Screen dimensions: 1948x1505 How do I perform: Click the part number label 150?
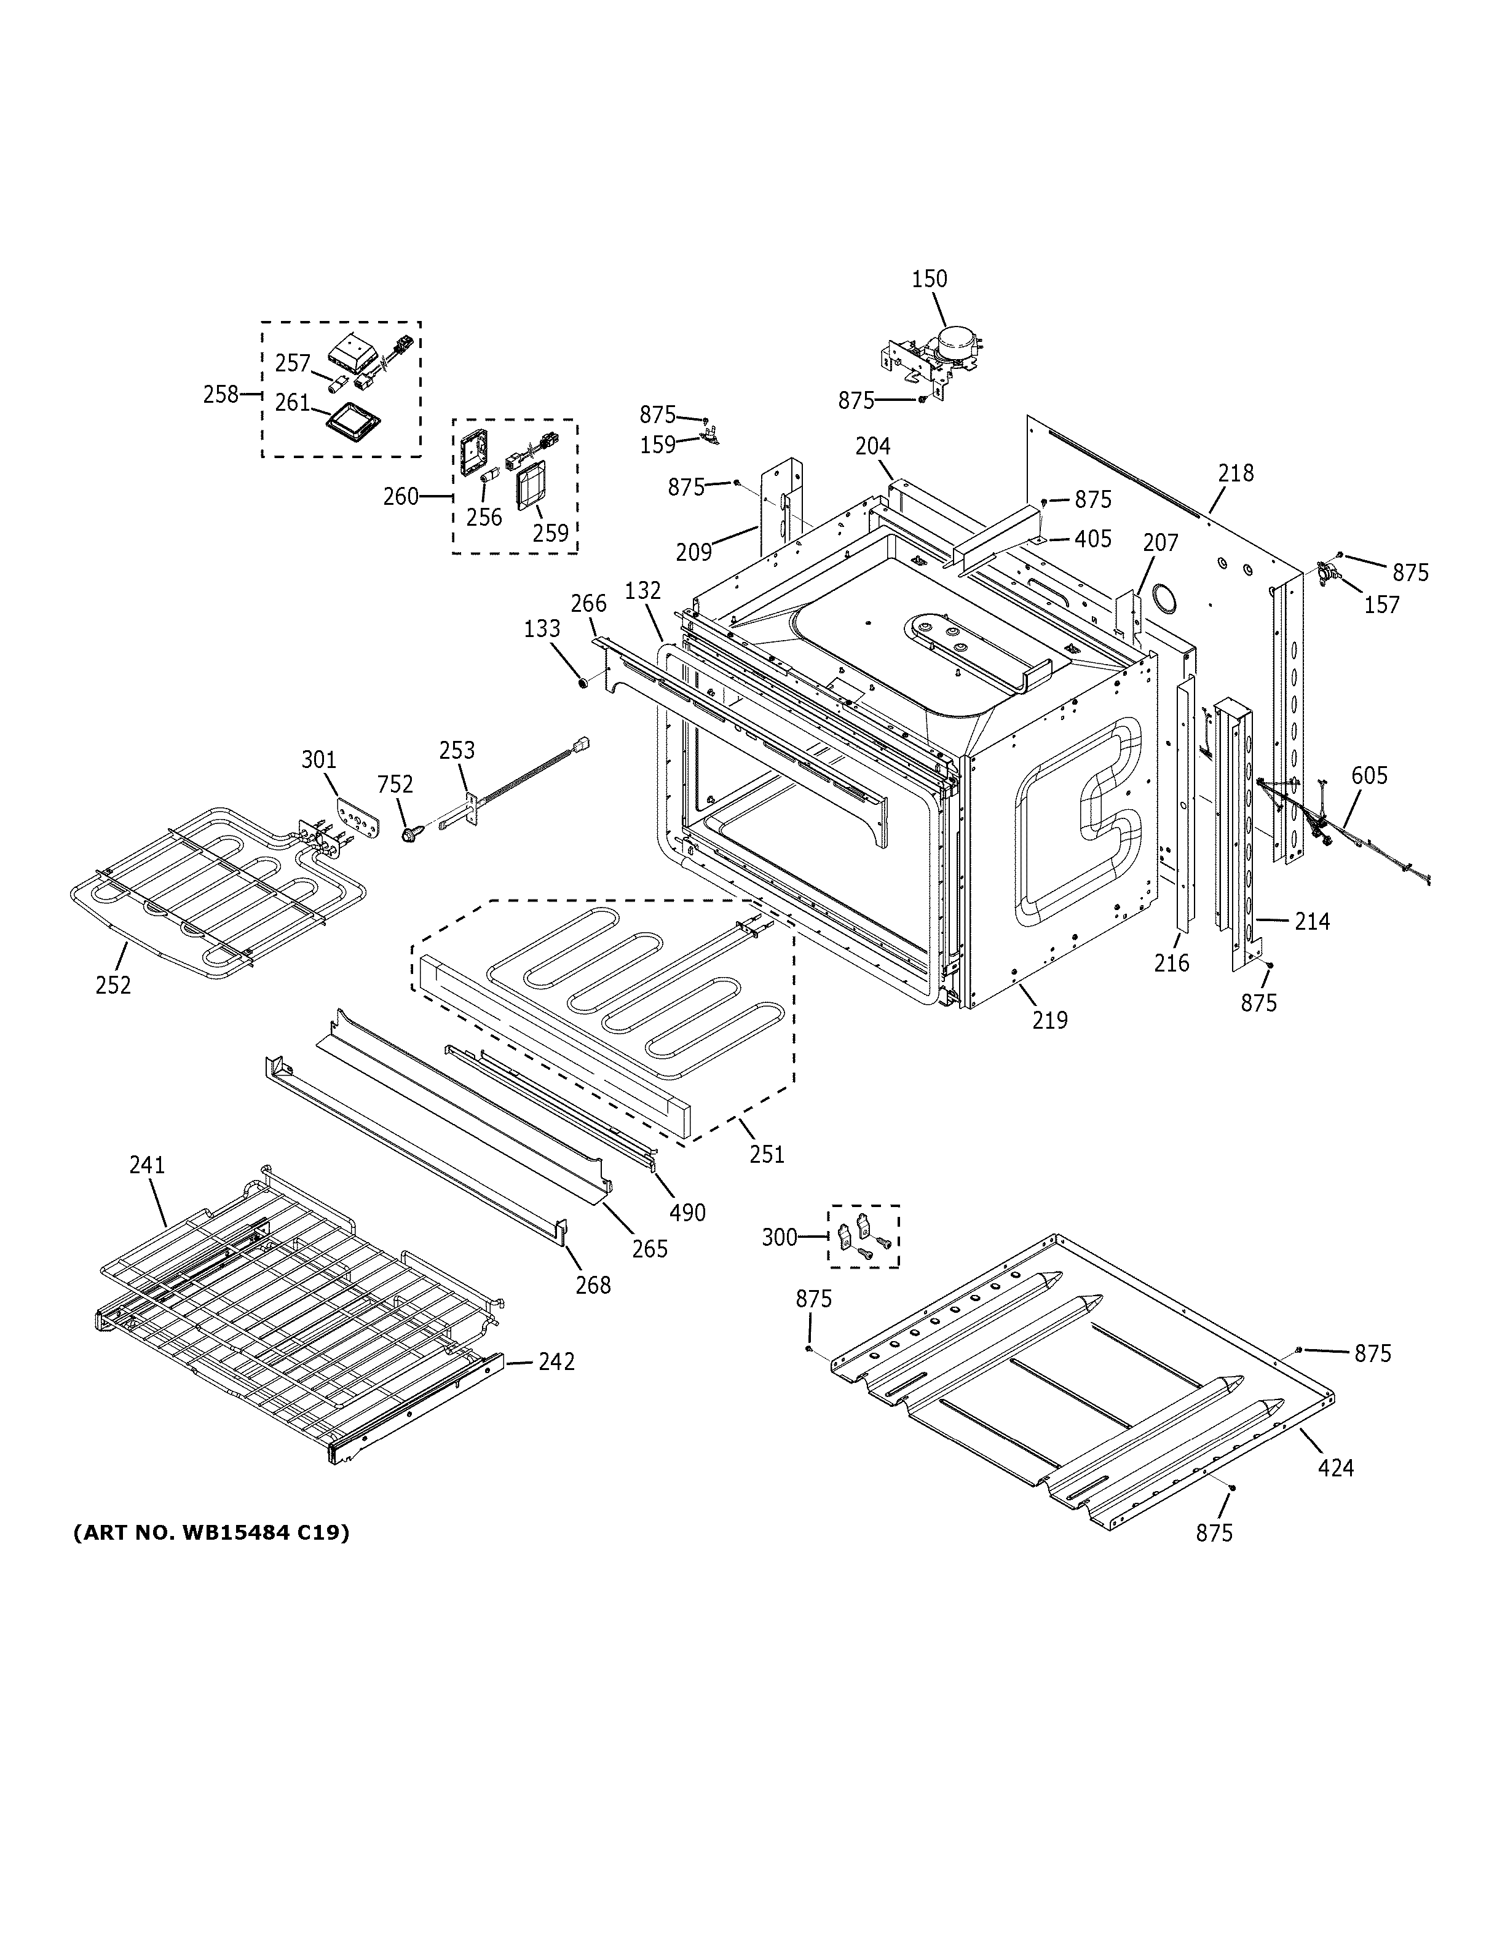pos(929,279)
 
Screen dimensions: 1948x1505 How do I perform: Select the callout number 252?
pos(113,984)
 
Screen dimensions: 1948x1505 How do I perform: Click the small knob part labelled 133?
pos(582,683)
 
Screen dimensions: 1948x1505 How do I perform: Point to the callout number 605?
pos(1369,776)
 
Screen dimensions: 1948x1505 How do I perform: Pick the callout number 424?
pos(1335,1467)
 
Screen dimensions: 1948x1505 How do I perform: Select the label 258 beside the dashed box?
pos(220,394)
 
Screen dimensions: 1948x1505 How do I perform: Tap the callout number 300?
pos(780,1237)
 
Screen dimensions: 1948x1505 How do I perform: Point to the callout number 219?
pos(1049,1020)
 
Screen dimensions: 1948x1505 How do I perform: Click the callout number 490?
pos(687,1212)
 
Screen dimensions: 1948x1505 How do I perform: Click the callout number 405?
pos(1092,539)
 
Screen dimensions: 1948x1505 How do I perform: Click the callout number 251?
pos(767,1154)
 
